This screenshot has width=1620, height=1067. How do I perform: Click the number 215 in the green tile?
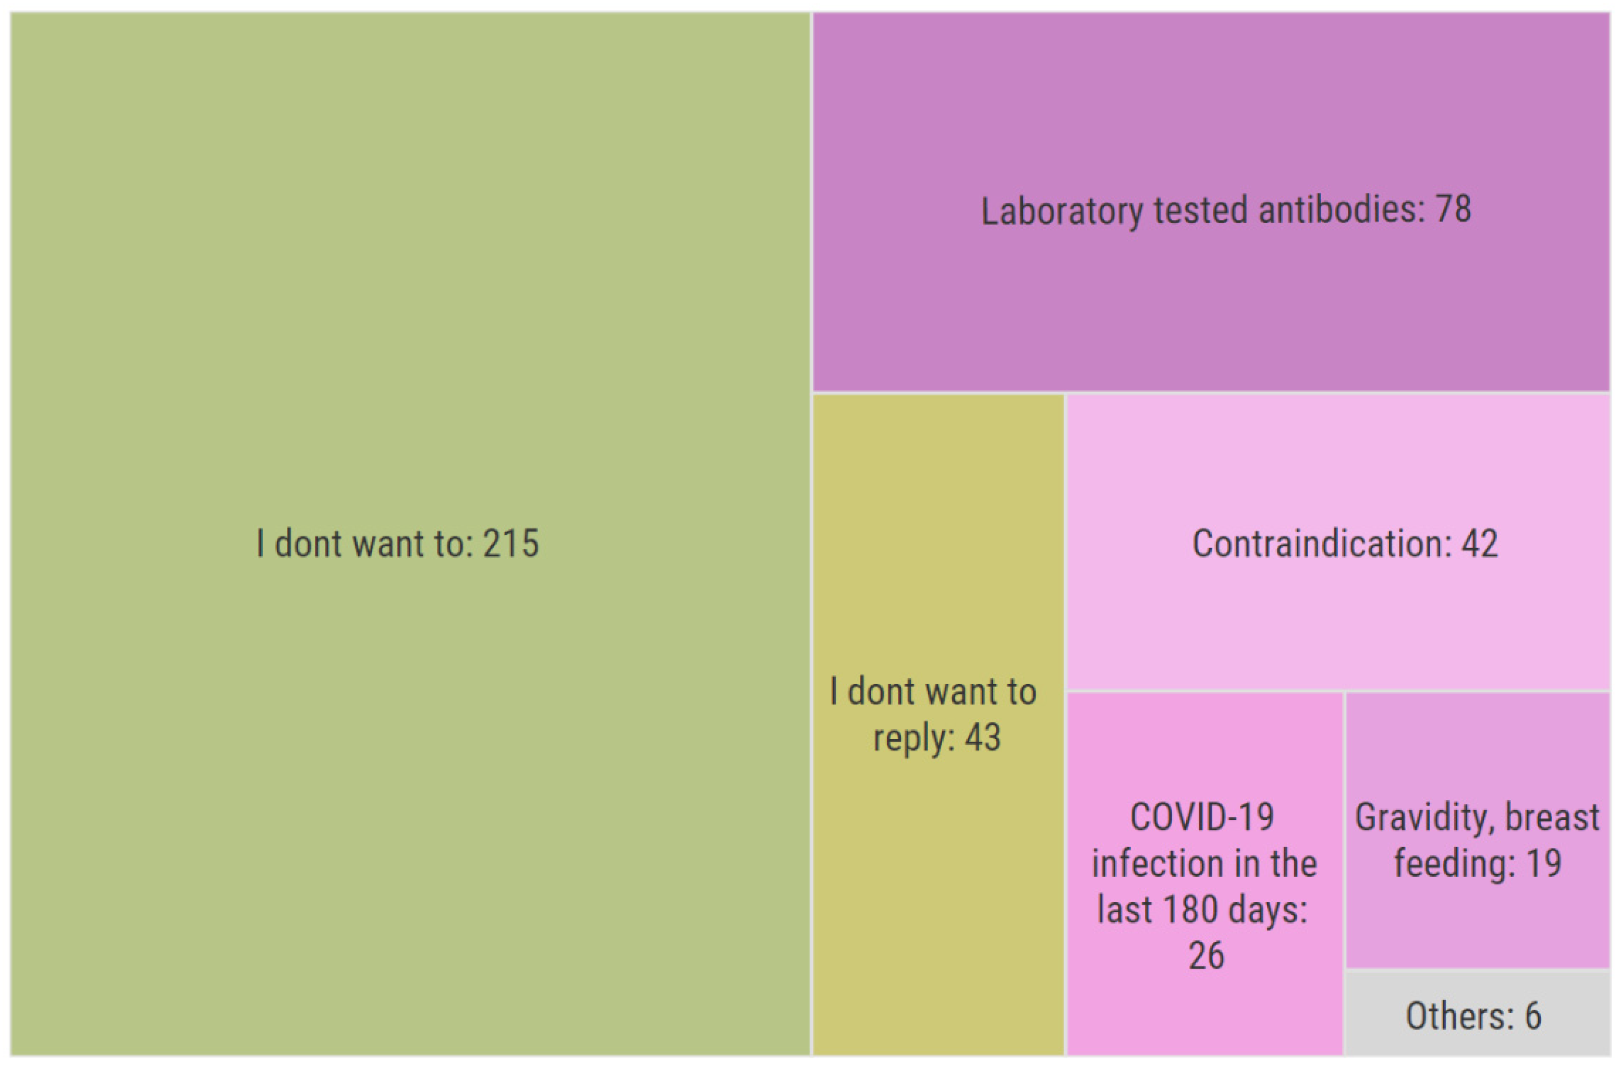tap(510, 544)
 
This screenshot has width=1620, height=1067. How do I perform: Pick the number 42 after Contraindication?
tap(1480, 544)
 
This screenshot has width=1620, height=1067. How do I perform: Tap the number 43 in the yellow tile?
tap(982, 738)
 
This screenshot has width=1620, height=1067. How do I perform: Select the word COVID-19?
tap(1202, 817)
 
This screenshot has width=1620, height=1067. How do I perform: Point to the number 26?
tap(1206, 955)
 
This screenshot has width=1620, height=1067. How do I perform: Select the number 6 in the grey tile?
tap(1533, 1016)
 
